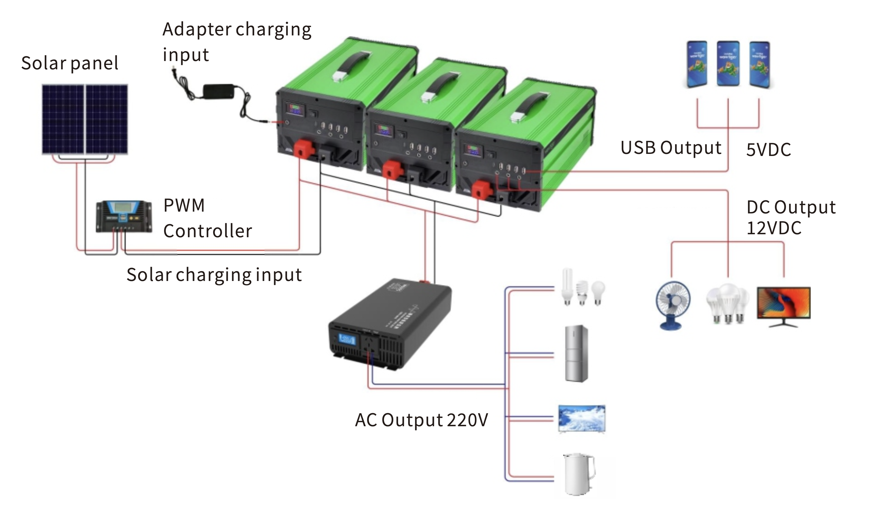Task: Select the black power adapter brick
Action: click(x=218, y=91)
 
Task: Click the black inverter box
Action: click(x=390, y=324)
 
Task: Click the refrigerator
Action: click(x=576, y=353)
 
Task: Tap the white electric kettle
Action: click(x=578, y=473)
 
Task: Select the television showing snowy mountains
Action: click(x=582, y=418)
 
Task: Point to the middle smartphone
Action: click(x=728, y=64)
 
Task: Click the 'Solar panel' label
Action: click(x=70, y=63)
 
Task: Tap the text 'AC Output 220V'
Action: click(x=422, y=420)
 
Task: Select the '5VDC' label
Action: click(x=769, y=150)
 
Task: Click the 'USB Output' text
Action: click(x=671, y=148)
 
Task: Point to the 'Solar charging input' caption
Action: click(x=214, y=275)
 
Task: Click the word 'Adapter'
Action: click(x=197, y=29)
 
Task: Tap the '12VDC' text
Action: click(x=774, y=228)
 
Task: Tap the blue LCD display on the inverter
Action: click(x=347, y=339)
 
